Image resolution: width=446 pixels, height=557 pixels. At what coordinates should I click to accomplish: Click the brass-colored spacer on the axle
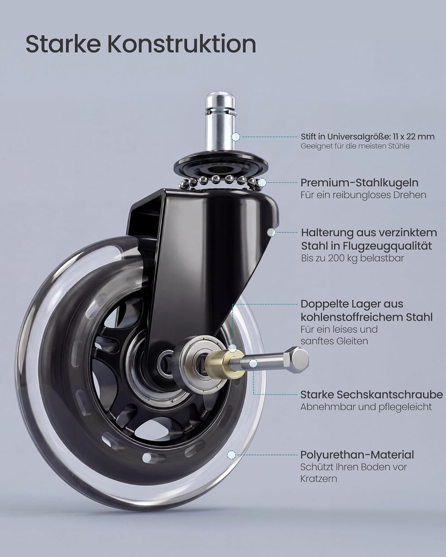[224, 362]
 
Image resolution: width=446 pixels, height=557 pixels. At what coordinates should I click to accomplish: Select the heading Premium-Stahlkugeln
[359, 183]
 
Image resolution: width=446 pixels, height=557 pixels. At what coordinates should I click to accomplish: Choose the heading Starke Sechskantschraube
[372, 395]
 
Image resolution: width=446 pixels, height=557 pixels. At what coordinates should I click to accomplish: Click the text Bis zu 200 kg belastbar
[352, 258]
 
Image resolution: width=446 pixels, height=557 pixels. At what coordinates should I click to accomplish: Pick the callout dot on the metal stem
[236, 137]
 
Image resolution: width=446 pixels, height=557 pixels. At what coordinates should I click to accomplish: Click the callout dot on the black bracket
[271, 232]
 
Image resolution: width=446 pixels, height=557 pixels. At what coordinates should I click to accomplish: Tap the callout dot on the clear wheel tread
[232, 455]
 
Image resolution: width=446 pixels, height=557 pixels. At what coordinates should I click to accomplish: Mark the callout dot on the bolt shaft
[253, 364]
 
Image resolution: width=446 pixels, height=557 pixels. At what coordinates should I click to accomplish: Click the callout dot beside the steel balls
[262, 182]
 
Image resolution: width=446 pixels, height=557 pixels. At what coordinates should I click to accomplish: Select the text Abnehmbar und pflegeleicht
[366, 407]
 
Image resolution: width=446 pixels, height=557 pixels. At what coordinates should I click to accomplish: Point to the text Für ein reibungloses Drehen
[363, 195]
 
